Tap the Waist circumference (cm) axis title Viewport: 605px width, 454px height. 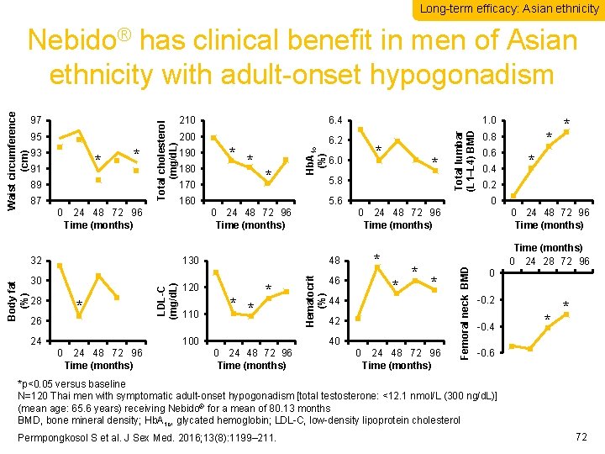17,152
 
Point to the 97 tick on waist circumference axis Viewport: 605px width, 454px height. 36,121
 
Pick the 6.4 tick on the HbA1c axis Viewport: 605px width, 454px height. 335,121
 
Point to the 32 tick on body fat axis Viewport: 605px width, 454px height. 36,261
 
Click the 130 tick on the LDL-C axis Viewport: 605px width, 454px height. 188,261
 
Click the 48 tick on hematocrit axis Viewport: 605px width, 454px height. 335,261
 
